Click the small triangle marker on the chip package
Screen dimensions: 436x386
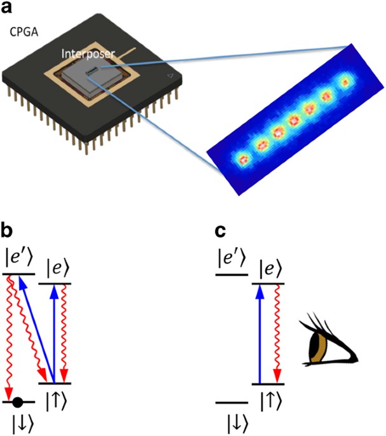(x=169, y=76)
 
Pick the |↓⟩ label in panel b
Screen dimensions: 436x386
(x=17, y=423)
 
